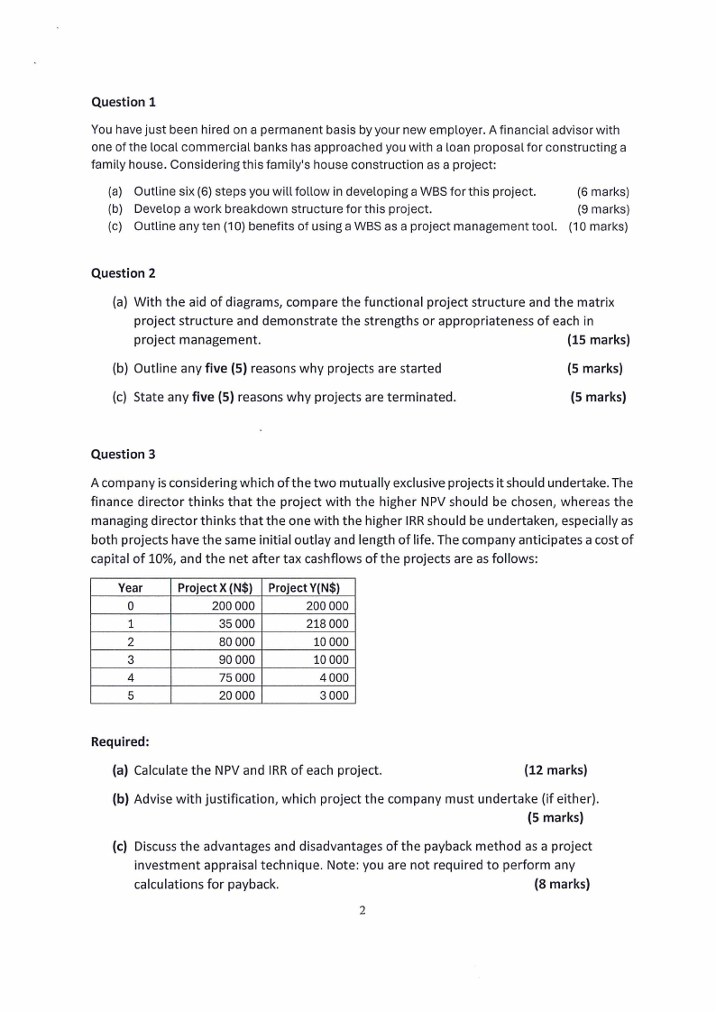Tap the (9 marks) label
coord(602,208)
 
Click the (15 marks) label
coord(598,340)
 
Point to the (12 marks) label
coord(555,769)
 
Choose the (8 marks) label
coord(562,884)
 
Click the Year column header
coord(131,588)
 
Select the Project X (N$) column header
coord(215,588)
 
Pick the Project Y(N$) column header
coord(308,588)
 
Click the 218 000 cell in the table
coord(327,623)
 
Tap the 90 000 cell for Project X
coord(237,659)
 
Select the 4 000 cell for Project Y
coord(333,677)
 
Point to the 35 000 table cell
coord(237,623)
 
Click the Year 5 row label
coord(131,695)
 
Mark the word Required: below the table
coord(120,741)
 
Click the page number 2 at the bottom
coord(362,911)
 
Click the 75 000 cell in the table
coord(237,677)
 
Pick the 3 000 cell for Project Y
coord(333,695)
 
